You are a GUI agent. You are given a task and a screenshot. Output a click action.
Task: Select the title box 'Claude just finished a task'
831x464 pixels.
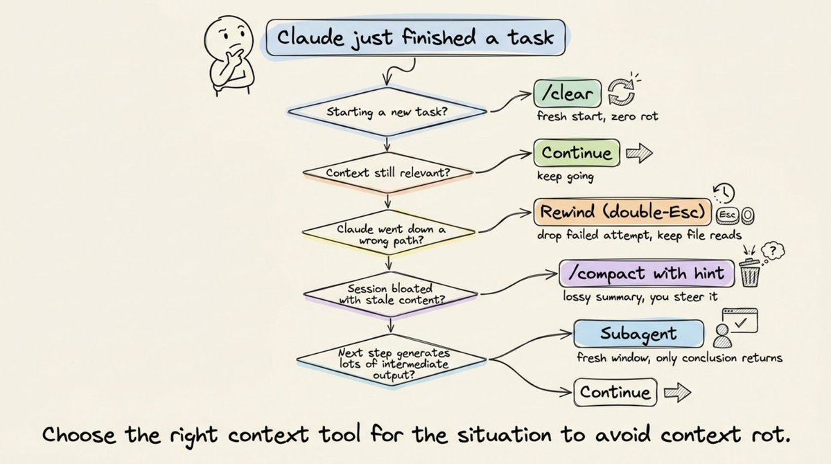pos(416,37)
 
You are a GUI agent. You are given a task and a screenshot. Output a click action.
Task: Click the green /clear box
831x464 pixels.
pos(566,93)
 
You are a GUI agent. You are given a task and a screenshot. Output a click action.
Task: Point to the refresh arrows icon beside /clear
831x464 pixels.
pos(622,93)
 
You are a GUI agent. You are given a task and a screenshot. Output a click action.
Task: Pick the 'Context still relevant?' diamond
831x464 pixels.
pos(387,170)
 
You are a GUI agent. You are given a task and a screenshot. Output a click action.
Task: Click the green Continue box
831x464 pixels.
pos(577,153)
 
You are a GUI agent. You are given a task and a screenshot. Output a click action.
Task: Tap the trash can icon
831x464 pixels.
pos(750,273)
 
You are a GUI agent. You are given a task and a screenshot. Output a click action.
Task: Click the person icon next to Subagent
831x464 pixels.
pos(722,337)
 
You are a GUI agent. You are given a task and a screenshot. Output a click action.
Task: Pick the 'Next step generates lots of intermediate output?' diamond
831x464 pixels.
pos(392,359)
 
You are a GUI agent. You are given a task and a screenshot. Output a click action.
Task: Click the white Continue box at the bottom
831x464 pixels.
pos(614,393)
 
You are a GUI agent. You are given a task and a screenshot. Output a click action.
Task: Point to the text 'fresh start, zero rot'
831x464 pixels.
pos(597,116)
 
